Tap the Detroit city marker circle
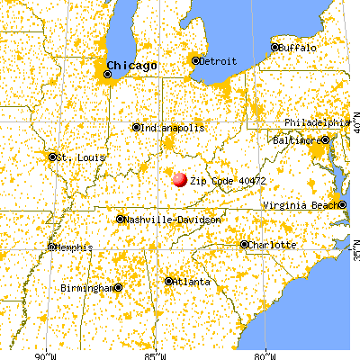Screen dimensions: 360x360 (195, 61)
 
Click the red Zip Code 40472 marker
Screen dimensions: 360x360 (180, 179)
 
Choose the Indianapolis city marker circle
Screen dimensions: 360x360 (136, 128)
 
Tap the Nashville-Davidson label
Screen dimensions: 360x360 (164, 219)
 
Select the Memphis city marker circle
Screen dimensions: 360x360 (51, 247)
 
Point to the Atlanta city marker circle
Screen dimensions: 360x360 (168, 282)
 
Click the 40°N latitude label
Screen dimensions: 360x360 (355, 121)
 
